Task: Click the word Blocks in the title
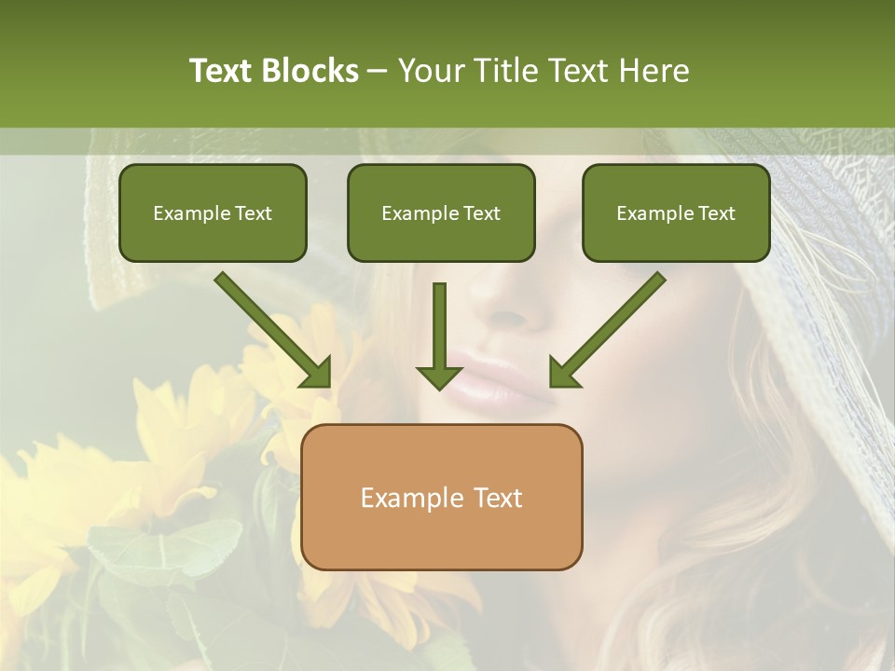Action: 311,71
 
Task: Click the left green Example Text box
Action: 213,212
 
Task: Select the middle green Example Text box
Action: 441,212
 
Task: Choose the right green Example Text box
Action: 676,212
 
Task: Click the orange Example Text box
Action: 442,497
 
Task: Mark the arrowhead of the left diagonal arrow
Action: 316,372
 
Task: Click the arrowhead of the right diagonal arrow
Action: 564,372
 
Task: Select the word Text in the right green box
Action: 716,213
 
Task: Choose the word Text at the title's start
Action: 221,71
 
